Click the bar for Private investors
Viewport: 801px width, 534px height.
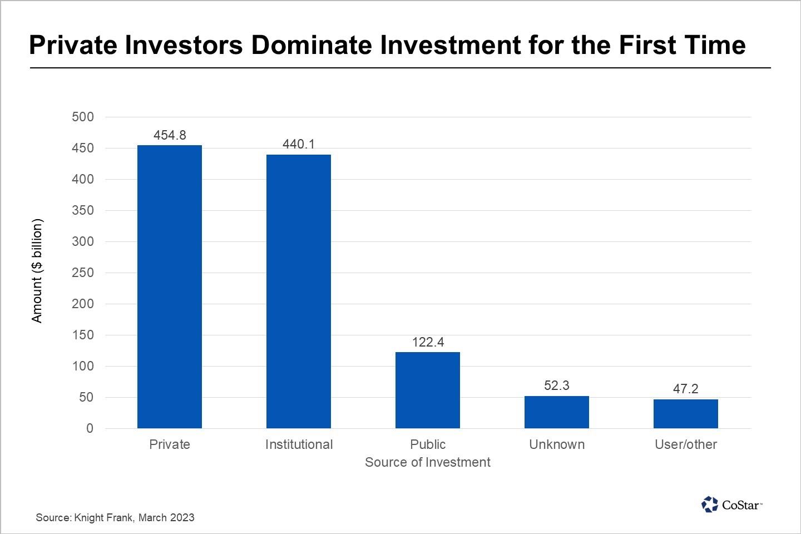click(x=170, y=286)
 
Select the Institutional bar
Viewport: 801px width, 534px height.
click(x=299, y=291)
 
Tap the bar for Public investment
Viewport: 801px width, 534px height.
click(x=428, y=390)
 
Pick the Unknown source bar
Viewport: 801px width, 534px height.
click(x=557, y=412)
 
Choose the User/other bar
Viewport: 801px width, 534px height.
click(x=686, y=413)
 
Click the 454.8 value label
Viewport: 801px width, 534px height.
click(x=170, y=135)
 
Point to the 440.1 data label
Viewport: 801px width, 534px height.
click(x=299, y=144)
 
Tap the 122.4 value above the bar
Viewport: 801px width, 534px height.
click(x=428, y=342)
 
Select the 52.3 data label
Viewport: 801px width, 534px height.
click(x=557, y=385)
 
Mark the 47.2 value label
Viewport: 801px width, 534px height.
click(x=686, y=389)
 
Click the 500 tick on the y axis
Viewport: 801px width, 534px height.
click(x=83, y=117)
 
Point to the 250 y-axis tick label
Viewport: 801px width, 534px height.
click(x=83, y=273)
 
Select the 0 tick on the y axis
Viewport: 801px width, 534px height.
click(x=90, y=428)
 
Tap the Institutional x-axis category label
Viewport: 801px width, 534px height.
click(x=299, y=444)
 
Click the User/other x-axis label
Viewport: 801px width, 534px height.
click(x=686, y=444)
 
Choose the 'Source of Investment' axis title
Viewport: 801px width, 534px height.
click(x=428, y=462)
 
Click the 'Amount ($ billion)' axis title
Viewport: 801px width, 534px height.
click(x=37, y=271)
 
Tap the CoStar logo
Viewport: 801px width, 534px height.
click(x=732, y=505)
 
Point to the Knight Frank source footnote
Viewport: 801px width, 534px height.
click(x=115, y=517)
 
